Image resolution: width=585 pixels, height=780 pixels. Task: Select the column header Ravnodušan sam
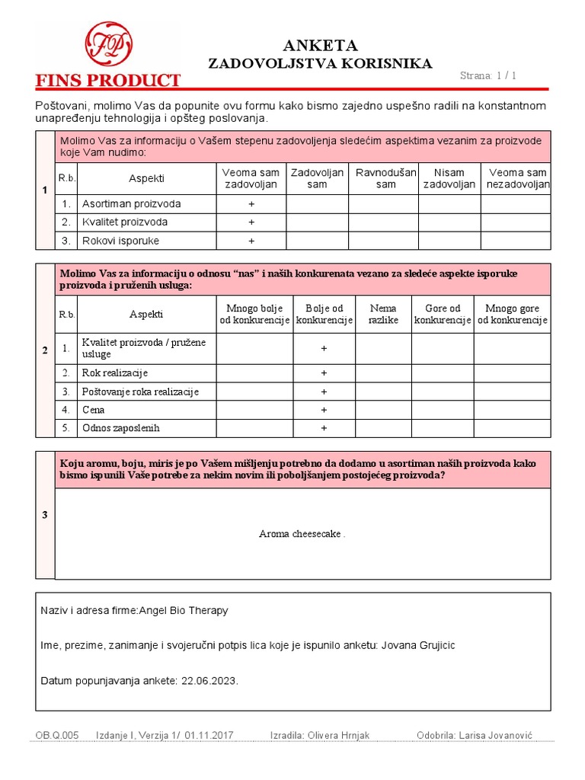point(386,178)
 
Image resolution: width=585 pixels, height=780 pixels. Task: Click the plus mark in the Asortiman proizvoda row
point(251,204)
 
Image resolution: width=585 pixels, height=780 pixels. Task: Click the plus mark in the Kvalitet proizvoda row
point(251,222)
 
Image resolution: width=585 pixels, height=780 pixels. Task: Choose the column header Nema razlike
point(383,315)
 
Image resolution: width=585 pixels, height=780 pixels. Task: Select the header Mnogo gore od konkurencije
point(512,315)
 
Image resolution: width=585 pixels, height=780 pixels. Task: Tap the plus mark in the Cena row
point(324,410)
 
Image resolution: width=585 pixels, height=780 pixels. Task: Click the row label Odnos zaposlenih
point(120,428)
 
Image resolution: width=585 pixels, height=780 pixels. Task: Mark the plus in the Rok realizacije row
point(324,373)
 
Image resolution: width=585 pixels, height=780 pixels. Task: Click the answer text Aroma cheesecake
point(302,534)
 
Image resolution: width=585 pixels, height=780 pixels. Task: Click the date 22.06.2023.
point(209,681)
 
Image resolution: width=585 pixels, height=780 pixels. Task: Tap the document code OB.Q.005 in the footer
point(57,736)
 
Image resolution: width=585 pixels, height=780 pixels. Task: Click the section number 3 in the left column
point(45,516)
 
